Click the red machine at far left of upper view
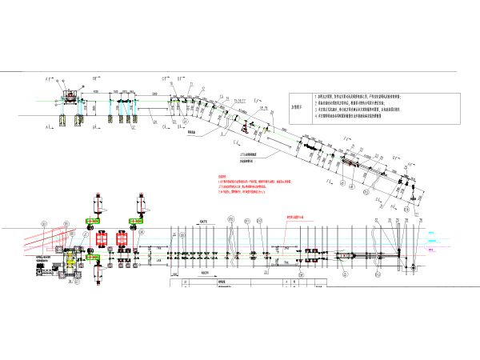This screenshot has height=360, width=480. (73, 96)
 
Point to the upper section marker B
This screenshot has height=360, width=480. (94, 78)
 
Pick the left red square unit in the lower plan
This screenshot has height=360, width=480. (102, 238)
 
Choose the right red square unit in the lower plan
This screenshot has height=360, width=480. (123, 238)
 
